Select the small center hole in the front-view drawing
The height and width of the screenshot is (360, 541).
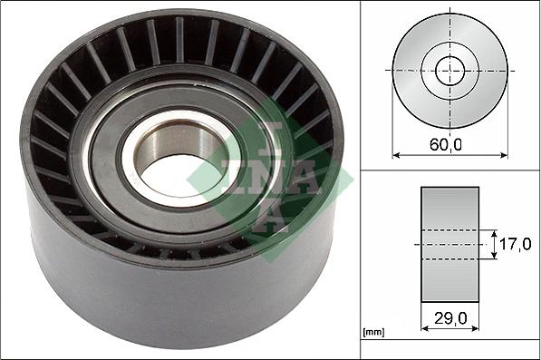(449, 70)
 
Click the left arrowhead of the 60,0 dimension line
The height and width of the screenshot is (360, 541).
(395, 155)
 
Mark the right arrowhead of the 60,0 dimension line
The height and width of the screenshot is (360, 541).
(504, 155)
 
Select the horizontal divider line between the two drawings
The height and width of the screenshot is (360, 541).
(449, 170)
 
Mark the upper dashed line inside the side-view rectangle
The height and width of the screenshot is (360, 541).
(450, 229)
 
